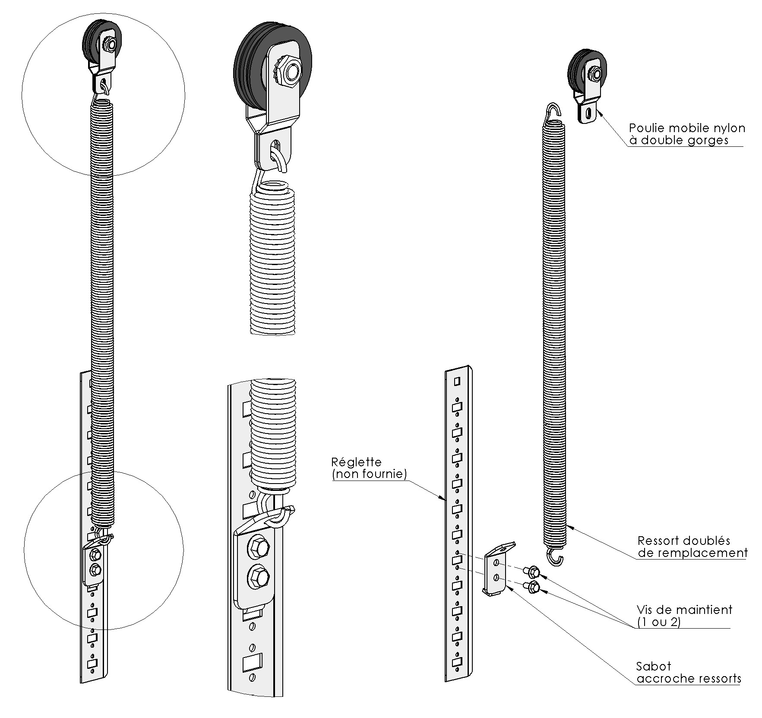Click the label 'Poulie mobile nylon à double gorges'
686,134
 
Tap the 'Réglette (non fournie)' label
369,468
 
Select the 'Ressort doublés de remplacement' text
692,547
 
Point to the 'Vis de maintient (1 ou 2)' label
684,616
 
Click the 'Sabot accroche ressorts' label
688,672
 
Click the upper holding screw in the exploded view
531,571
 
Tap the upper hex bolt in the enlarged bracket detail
258,548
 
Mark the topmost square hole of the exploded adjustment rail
457,381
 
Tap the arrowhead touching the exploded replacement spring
569,526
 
